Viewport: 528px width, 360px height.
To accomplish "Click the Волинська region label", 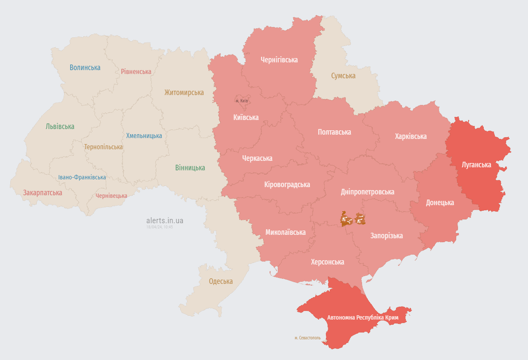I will [85, 68].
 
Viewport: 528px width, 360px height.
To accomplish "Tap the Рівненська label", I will [136, 71].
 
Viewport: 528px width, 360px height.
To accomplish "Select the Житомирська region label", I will [184, 92].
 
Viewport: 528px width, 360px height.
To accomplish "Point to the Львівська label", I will [60, 126].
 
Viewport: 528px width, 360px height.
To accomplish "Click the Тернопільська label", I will [103, 147].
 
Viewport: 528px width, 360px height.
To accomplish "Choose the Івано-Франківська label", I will [82, 177].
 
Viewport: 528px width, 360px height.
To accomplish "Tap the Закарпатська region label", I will [43, 193].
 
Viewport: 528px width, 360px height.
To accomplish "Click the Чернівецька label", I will [111, 196].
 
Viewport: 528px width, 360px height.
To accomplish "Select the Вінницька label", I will [190, 168].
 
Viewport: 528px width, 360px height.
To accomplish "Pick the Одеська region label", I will [221, 281].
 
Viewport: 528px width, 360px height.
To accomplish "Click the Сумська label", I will [343, 76].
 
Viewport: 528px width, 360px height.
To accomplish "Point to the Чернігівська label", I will [279, 60].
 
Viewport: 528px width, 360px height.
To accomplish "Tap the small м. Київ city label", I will [242, 101].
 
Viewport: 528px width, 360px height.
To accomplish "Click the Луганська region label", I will [476, 164].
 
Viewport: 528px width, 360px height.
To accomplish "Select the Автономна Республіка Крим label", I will [363, 317].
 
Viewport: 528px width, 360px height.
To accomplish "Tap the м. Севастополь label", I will [307, 338].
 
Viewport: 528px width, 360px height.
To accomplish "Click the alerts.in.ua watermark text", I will [165, 221].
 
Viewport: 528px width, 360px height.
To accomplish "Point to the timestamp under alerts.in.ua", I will [160, 227].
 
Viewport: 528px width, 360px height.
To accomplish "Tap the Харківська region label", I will [411, 136].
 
